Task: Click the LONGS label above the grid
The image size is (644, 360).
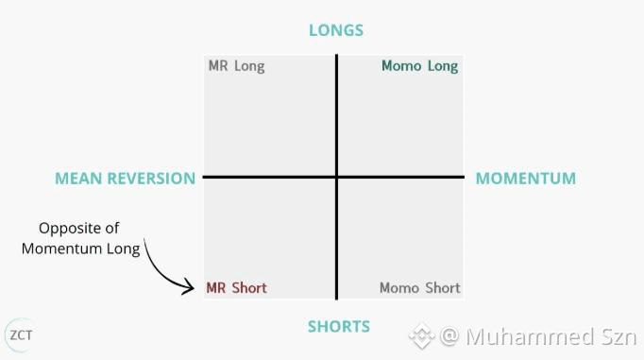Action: click(x=336, y=30)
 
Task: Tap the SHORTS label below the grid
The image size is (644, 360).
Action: click(x=339, y=326)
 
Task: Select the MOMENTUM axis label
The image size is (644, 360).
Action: click(x=526, y=179)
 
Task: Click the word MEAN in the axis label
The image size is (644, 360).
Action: click(x=78, y=179)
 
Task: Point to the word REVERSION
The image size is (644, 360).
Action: click(x=151, y=179)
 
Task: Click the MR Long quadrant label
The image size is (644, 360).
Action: click(x=237, y=66)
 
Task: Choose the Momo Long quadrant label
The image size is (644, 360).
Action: click(x=420, y=66)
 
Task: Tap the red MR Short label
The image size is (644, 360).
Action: click(x=237, y=287)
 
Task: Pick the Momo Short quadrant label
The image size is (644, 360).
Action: click(x=420, y=287)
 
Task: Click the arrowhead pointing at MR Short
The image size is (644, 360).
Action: click(x=190, y=286)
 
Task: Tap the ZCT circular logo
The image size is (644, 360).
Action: click(x=21, y=335)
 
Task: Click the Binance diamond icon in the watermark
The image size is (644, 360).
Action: click(x=421, y=336)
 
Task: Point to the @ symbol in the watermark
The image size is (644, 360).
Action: click(x=449, y=335)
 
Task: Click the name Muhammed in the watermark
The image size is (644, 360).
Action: click(x=531, y=336)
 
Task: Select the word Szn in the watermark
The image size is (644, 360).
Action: click(x=619, y=336)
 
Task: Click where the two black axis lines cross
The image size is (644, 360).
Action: click(x=337, y=177)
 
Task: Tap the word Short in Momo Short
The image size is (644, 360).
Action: click(x=443, y=287)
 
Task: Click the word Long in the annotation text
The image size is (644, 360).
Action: click(x=123, y=249)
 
